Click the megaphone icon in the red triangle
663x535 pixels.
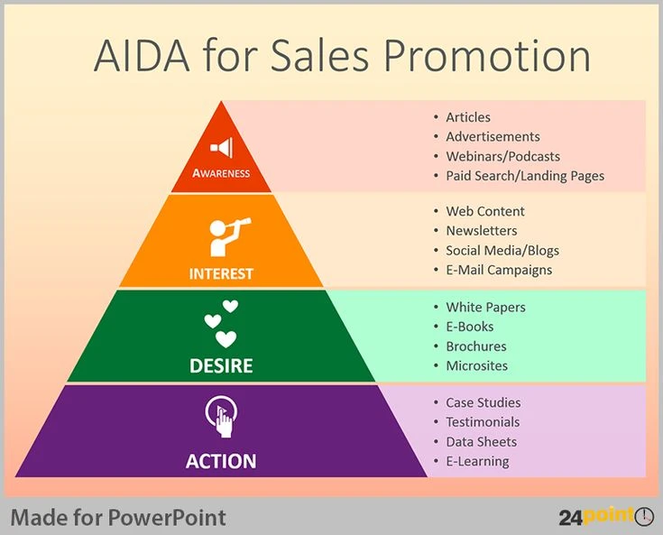[221, 147]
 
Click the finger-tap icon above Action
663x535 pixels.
[221, 418]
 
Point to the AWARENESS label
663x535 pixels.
[221, 172]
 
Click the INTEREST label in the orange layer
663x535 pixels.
[221, 273]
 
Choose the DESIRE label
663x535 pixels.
[221, 365]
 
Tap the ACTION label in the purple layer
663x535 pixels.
[221, 461]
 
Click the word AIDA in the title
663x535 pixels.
[141, 56]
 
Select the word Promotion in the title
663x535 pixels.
[486, 56]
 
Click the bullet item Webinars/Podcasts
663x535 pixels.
[502, 156]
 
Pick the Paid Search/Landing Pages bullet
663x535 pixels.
[525, 176]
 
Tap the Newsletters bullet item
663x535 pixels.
[482, 231]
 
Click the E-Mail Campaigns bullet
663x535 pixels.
[499, 270]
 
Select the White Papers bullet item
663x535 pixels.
[485, 307]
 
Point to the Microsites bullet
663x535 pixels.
[476, 365]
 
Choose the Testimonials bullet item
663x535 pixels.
[483, 422]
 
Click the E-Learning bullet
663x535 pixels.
[477, 461]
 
